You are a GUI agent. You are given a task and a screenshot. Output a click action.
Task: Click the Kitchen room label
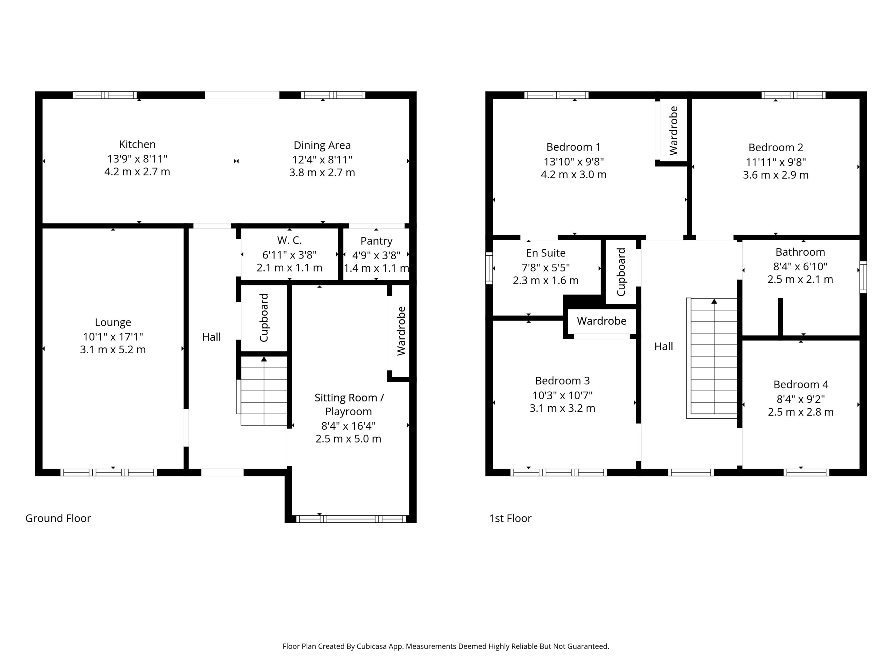pos(137,144)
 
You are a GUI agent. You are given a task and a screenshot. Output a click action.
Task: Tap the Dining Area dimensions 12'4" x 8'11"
pos(322,160)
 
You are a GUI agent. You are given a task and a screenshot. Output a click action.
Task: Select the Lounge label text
pos(113,323)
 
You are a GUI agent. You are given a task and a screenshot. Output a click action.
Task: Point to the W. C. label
pos(290,240)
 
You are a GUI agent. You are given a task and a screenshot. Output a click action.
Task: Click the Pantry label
pos(376,241)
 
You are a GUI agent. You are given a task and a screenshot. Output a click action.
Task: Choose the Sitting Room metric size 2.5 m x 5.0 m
pos(348,439)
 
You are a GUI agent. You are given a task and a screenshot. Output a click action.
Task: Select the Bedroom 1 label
pos(574,147)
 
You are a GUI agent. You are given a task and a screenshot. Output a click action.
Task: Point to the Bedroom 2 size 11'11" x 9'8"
pos(776,162)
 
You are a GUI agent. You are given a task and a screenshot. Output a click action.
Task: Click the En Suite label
pos(546,253)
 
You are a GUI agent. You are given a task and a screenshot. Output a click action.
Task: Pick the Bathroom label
pos(800,252)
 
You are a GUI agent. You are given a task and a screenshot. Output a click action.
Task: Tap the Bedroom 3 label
pos(562,381)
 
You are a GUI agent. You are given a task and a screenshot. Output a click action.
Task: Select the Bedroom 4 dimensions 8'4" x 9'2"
pos(800,399)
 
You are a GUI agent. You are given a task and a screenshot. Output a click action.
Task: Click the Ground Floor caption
pos(58,518)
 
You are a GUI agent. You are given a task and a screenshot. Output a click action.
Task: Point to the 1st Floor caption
pos(510,518)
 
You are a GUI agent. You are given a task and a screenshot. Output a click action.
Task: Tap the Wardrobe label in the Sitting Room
pos(401,331)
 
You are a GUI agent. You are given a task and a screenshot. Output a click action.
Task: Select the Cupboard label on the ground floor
pos(264,318)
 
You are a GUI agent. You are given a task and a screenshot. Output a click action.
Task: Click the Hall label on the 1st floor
pos(663,346)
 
